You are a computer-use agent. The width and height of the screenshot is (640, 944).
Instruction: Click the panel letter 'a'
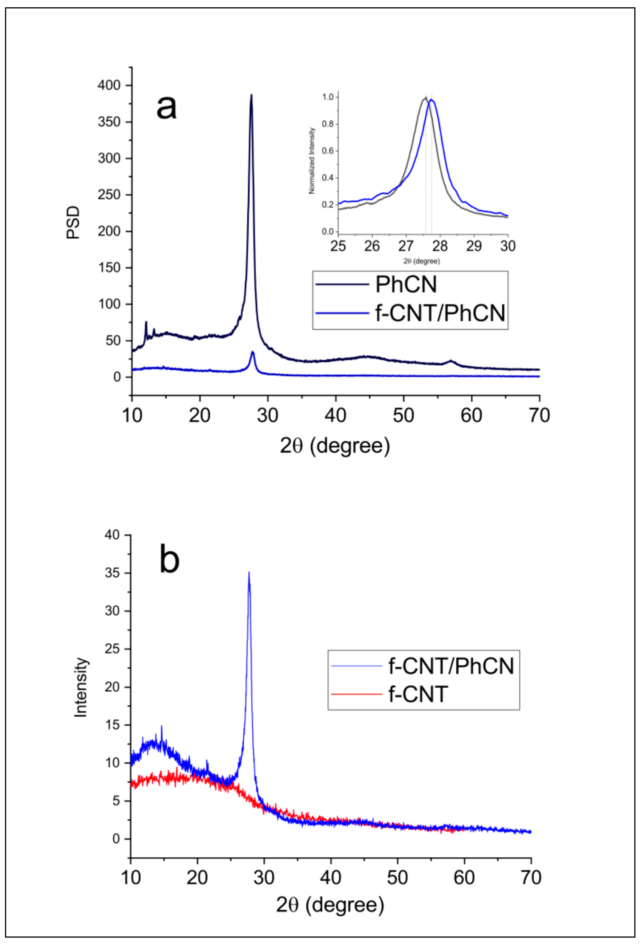click(166, 108)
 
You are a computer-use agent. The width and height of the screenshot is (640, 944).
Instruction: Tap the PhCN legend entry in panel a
click(406, 284)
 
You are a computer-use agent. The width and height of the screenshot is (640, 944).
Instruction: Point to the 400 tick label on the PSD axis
click(109, 85)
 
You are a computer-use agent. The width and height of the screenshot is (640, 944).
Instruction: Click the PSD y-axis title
click(74, 223)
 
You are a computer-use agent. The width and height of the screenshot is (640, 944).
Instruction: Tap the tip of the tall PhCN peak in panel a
click(251, 95)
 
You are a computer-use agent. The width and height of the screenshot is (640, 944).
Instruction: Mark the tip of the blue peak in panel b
click(249, 572)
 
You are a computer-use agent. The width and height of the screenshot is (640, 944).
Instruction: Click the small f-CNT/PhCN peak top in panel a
click(253, 352)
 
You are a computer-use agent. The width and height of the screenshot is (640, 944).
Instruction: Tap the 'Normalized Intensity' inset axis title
click(312, 161)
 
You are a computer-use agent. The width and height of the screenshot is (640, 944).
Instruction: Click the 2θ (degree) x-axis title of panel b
click(330, 905)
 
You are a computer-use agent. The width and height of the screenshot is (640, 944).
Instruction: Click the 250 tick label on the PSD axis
click(109, 195)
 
